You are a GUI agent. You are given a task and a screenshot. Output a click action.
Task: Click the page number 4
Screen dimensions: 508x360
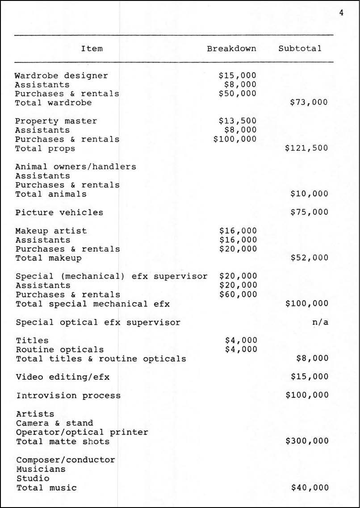click(x=341, y=12)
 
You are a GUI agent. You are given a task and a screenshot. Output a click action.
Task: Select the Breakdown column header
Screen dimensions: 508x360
click(x=231, y=48)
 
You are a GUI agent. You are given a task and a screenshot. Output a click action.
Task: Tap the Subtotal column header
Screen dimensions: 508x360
click(x=300, y=48)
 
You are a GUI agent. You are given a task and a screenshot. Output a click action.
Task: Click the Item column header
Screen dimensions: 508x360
click(x=92, y=48)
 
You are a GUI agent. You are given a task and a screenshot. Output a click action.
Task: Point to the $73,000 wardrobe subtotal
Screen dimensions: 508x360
click(x=309, y=103)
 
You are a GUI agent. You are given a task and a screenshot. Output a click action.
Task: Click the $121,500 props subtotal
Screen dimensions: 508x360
click(x=306, y=148)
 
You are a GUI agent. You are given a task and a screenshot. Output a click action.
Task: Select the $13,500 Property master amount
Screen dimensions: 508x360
click(x=238, y=121)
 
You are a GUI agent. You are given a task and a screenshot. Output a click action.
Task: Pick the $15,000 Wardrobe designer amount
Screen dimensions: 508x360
click(x=238, y=75)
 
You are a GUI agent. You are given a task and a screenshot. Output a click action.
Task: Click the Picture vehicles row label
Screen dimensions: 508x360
click(x=59, y=212)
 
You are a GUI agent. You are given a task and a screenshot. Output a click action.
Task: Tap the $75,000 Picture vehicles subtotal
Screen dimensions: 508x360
click(x=309, y=212)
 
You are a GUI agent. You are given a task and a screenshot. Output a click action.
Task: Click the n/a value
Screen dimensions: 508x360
click(x=320, y=322)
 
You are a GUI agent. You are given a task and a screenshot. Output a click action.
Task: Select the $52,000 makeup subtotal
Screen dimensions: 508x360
click(x=309, y=258)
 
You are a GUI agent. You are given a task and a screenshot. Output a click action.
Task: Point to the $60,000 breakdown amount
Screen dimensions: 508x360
click(x=238, y=294)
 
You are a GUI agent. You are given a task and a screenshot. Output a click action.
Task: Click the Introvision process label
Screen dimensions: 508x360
click(x=68, y=396)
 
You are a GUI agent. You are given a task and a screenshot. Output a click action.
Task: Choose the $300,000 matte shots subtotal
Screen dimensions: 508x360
click(x=307, y=441)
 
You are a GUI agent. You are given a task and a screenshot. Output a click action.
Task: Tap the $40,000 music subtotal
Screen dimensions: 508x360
click(x=310, y=488)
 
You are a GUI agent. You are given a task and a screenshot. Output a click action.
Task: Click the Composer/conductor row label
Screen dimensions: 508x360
click(x=66, y=460)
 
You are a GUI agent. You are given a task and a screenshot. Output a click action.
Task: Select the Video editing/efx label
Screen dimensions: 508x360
click(x=63, y=377)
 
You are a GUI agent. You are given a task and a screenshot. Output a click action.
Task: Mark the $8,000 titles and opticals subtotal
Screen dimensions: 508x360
click(x=312, y=358)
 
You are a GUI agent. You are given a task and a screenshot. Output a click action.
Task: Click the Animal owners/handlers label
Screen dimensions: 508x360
click(x=75, y=167)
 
